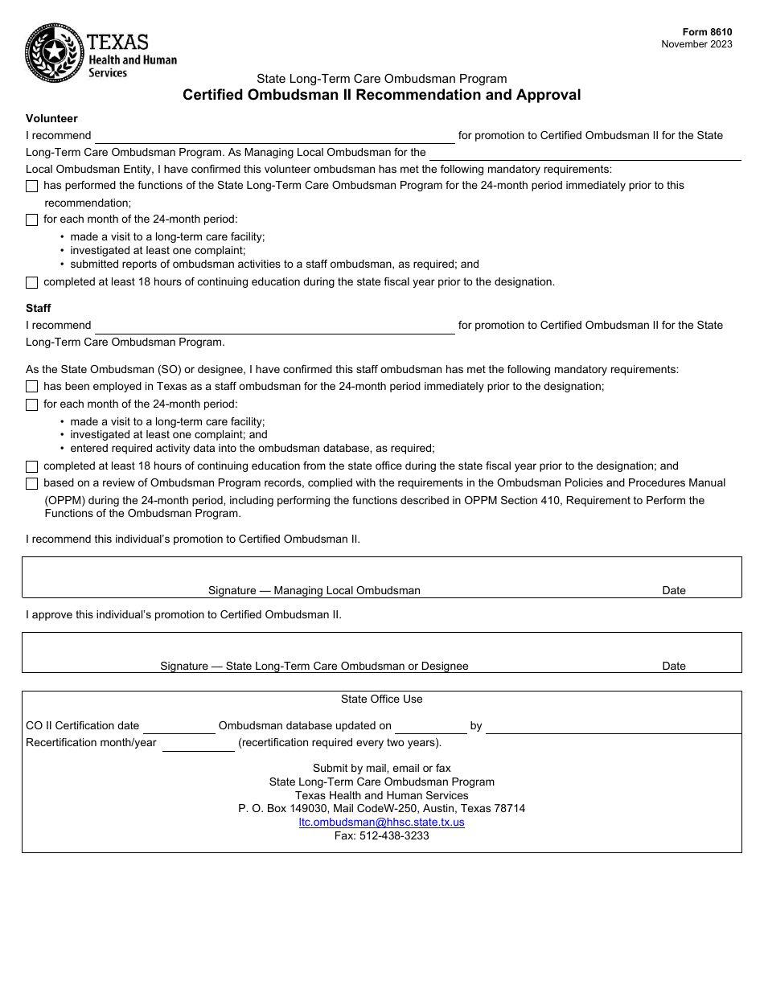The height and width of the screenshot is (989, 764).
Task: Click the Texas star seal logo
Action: [x=54, y=53]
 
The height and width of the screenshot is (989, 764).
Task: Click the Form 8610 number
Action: [x=708, y=32]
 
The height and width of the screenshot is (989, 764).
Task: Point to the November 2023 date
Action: [x=696, y=44]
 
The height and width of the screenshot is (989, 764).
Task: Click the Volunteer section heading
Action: [x=51, y=118]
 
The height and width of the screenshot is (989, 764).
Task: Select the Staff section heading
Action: [x=39, y=308]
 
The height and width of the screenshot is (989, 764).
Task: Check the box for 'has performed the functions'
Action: [x=31, y=186]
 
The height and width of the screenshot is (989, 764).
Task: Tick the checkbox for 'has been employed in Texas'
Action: [x=31, y=387]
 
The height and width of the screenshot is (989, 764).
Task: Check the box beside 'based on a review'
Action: [x=31, y=483]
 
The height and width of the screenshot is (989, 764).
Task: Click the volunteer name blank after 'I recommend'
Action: [x=274, y=135]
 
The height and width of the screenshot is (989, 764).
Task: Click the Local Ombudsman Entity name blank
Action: [x=585, y=153]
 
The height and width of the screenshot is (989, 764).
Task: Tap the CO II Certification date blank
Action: [x=179, y=725]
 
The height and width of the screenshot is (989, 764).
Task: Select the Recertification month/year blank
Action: [x=198, y=743]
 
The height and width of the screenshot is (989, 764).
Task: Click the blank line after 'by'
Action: [x=613, y=725]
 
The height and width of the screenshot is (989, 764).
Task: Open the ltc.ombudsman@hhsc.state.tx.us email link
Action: [x=381, y=822]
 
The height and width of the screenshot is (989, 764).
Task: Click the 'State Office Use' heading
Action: [x=381, y=699]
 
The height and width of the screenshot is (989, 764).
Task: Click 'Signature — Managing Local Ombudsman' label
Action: [x=314, y=590]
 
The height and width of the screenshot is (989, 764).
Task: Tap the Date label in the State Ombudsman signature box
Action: [x=673, y=666]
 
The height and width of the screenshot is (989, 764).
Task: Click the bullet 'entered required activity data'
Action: [x=252, y=448]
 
